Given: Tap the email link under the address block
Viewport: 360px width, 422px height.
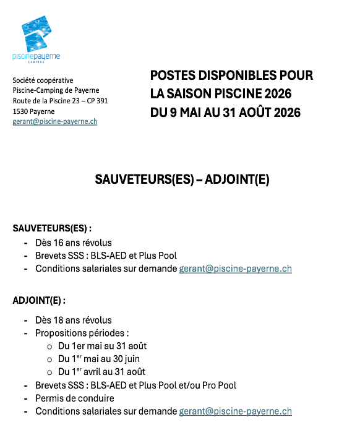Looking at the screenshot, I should [54, 122].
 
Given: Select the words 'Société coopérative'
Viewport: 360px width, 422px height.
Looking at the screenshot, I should [43, 80].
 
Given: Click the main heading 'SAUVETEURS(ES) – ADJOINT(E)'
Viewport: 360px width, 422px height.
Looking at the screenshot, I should [182, 179].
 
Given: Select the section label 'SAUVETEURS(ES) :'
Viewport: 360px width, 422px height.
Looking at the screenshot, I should [52, 228].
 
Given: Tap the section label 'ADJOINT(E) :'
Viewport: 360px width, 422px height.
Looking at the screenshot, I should [39, 301].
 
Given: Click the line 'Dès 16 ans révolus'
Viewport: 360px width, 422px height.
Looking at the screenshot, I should [74, 243].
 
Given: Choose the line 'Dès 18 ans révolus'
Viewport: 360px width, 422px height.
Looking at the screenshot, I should [74, 320].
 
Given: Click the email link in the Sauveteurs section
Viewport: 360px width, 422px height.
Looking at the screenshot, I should [235, 269].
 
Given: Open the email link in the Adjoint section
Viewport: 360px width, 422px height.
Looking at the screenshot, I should [235, 411].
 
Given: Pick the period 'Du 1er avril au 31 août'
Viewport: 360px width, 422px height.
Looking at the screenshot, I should [102, 372].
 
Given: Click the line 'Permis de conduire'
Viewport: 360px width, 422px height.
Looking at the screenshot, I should [75, 398].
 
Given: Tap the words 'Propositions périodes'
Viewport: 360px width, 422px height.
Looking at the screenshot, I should [80, 333].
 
